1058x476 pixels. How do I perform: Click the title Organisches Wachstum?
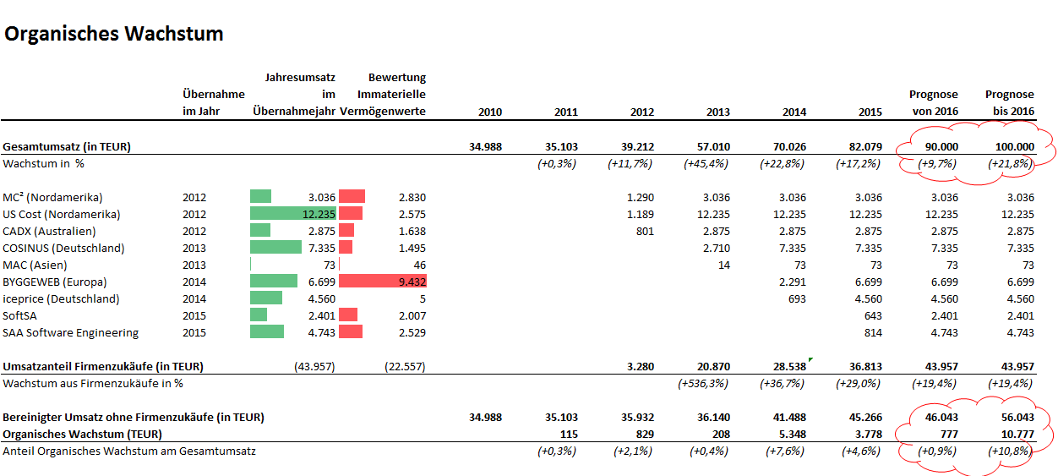click(113, 35)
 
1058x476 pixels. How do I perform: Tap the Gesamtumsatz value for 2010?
click(485, 146)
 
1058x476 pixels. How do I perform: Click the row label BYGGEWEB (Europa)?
click(54, 282)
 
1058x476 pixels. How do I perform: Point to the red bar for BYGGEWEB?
click(381, 282)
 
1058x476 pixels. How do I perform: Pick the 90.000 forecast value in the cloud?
click(939, 146)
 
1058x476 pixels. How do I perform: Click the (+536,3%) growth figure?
click(703, 383)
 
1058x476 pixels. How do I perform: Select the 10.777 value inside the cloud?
click(1014, 434)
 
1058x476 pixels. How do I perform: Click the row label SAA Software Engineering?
click(71, 332)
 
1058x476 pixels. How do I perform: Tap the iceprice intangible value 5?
click(422, 298)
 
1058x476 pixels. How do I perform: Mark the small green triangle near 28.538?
click(810, 360)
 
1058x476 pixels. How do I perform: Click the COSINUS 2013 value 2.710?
click(717, 248)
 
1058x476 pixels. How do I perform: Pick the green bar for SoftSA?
click(259, 315)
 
